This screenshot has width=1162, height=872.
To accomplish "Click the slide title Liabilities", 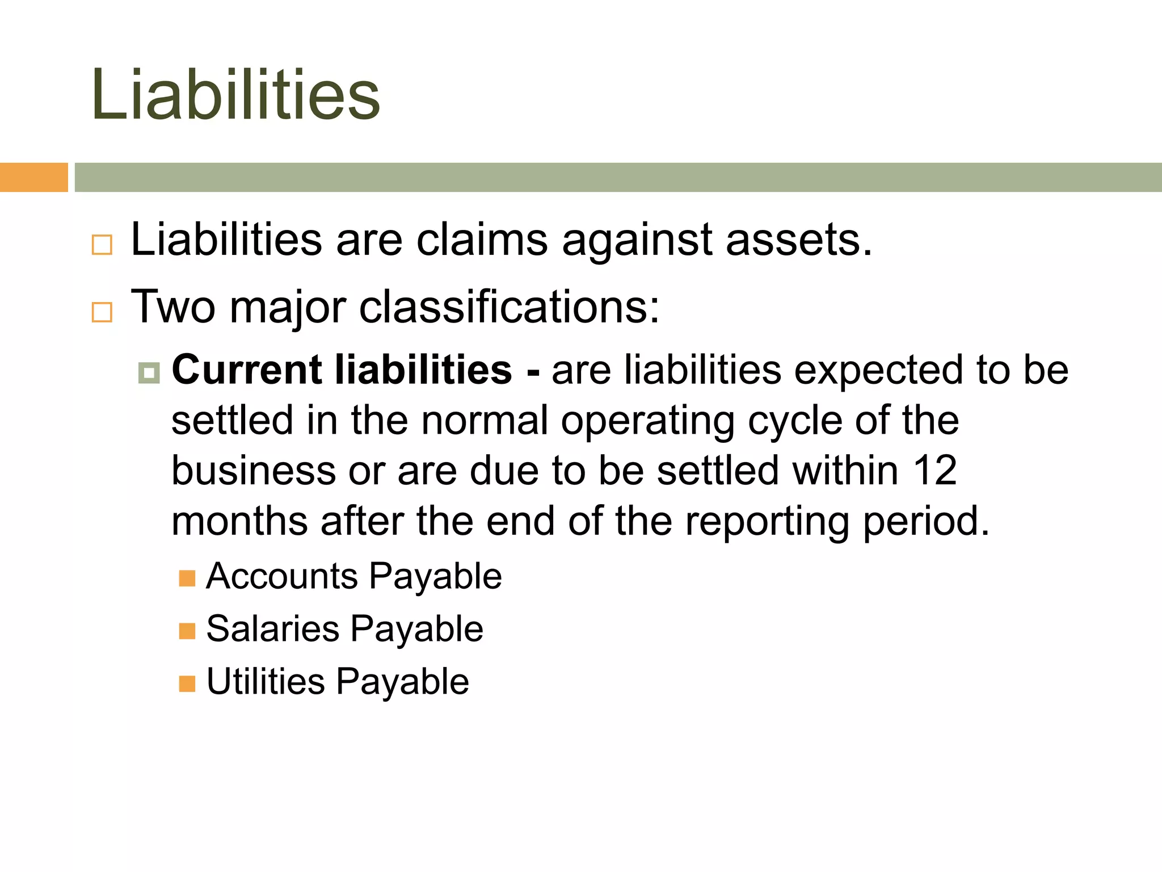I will [x=235, y=94].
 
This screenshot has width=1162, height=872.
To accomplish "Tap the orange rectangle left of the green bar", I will [x=33, y=177].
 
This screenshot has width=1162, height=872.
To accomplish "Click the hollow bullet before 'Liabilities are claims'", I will [x=102, y=245].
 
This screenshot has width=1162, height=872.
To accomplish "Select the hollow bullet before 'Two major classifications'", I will [x=102, y=312].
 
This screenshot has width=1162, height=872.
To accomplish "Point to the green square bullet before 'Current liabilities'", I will [x=149, y=373].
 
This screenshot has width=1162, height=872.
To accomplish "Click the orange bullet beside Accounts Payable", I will [x=187, y=578].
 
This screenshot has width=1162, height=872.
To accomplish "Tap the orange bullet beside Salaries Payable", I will [x=187, y=631].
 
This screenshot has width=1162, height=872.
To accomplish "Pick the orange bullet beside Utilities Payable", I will [x=187, y=684].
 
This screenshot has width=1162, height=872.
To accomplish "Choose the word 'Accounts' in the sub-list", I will [x=281, y=576].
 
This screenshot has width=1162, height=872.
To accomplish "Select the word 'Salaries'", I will [x=272, y=629].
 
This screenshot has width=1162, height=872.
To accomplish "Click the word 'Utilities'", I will [x=266, y=681].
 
